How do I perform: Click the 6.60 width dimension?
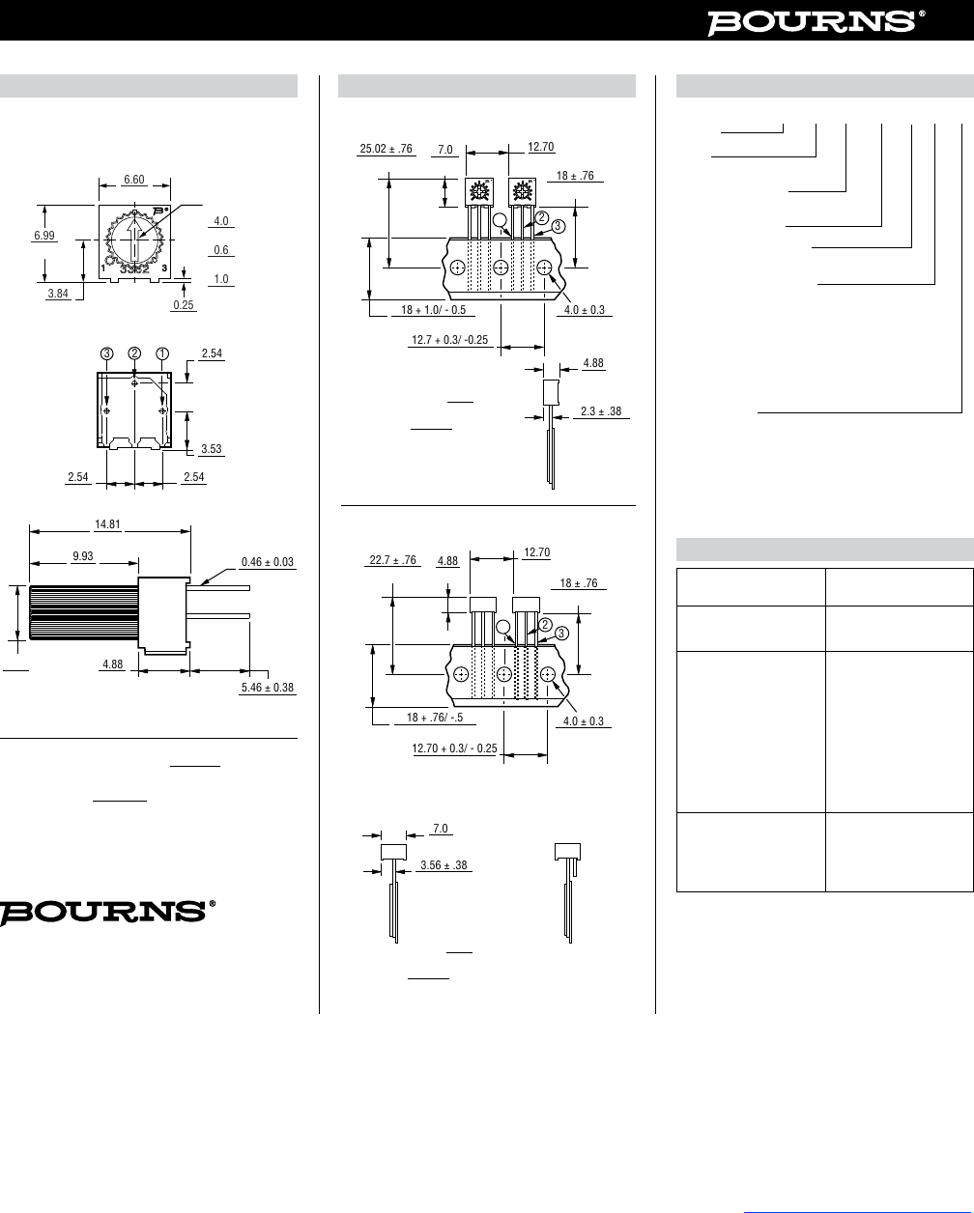tap(134, 180)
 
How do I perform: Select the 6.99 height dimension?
tap(43, 236)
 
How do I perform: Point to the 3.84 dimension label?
tap(58, 294)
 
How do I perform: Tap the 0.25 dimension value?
tap(184, 305)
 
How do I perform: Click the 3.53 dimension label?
tap(211, 449)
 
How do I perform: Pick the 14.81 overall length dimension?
tap(107, 525)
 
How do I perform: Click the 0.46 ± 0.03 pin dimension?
tap(267, 561)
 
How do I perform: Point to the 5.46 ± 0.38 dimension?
tap(267, 688)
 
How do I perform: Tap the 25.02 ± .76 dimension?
tap(386, 149)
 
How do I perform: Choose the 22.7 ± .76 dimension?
tap(392, 559)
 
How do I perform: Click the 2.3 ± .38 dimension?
tap(601, 411)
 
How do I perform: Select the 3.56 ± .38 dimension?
tap(444, 865)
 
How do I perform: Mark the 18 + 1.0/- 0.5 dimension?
tap(434, 310)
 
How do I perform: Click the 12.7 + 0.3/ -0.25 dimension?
tap(449, 340)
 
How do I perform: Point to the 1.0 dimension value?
tap(221, 279)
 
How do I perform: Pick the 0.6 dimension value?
tap(221, 250)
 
